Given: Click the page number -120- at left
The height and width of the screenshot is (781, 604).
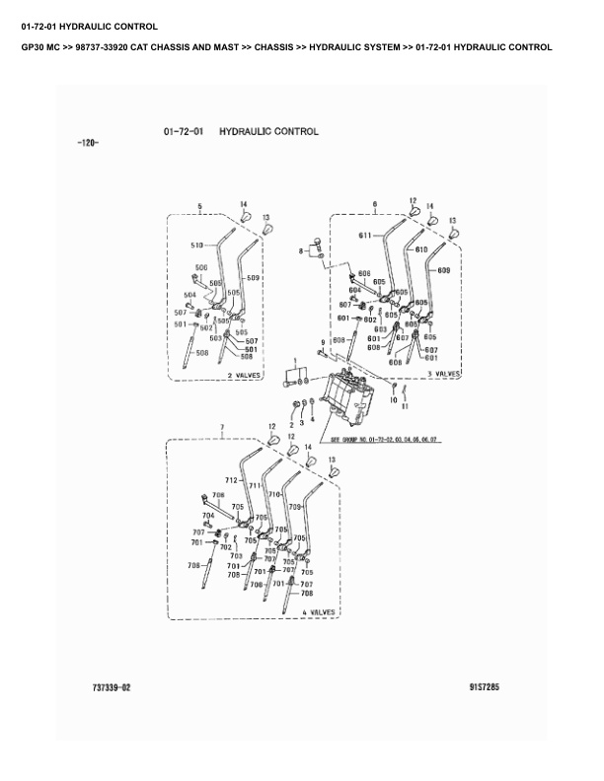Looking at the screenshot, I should pyautogui.click(x=87, y=144).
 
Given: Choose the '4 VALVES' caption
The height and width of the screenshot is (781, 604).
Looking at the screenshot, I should pyautogui.click(x=318, y=612).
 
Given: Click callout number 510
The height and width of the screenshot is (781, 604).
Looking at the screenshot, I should pyautogui.click(x=196, y=245).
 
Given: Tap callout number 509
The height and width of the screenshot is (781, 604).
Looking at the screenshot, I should pyautogui.click(x=253, y=278).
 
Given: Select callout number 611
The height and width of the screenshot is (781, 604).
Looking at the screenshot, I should pyautogui.click(x=364, y=236).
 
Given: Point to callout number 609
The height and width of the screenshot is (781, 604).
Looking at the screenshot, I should pyautogui.click(x=442, y=270).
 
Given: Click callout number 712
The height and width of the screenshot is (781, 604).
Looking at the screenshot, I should pyautogui.click(x=231, y=479).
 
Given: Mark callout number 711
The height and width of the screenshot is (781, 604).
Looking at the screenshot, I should pyautogui.click(x=254, y=486).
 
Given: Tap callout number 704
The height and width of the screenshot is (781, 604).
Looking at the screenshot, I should pyautogui.click(x=208, y=516).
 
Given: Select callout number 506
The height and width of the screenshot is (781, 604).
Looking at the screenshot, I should pyautogui.click(x=201, y=268).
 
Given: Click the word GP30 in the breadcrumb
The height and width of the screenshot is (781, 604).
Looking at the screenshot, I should pyautogui.click(x=33, y=46).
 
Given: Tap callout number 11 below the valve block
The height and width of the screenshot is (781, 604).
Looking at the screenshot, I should pyautogui.click(x=404, y=404).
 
